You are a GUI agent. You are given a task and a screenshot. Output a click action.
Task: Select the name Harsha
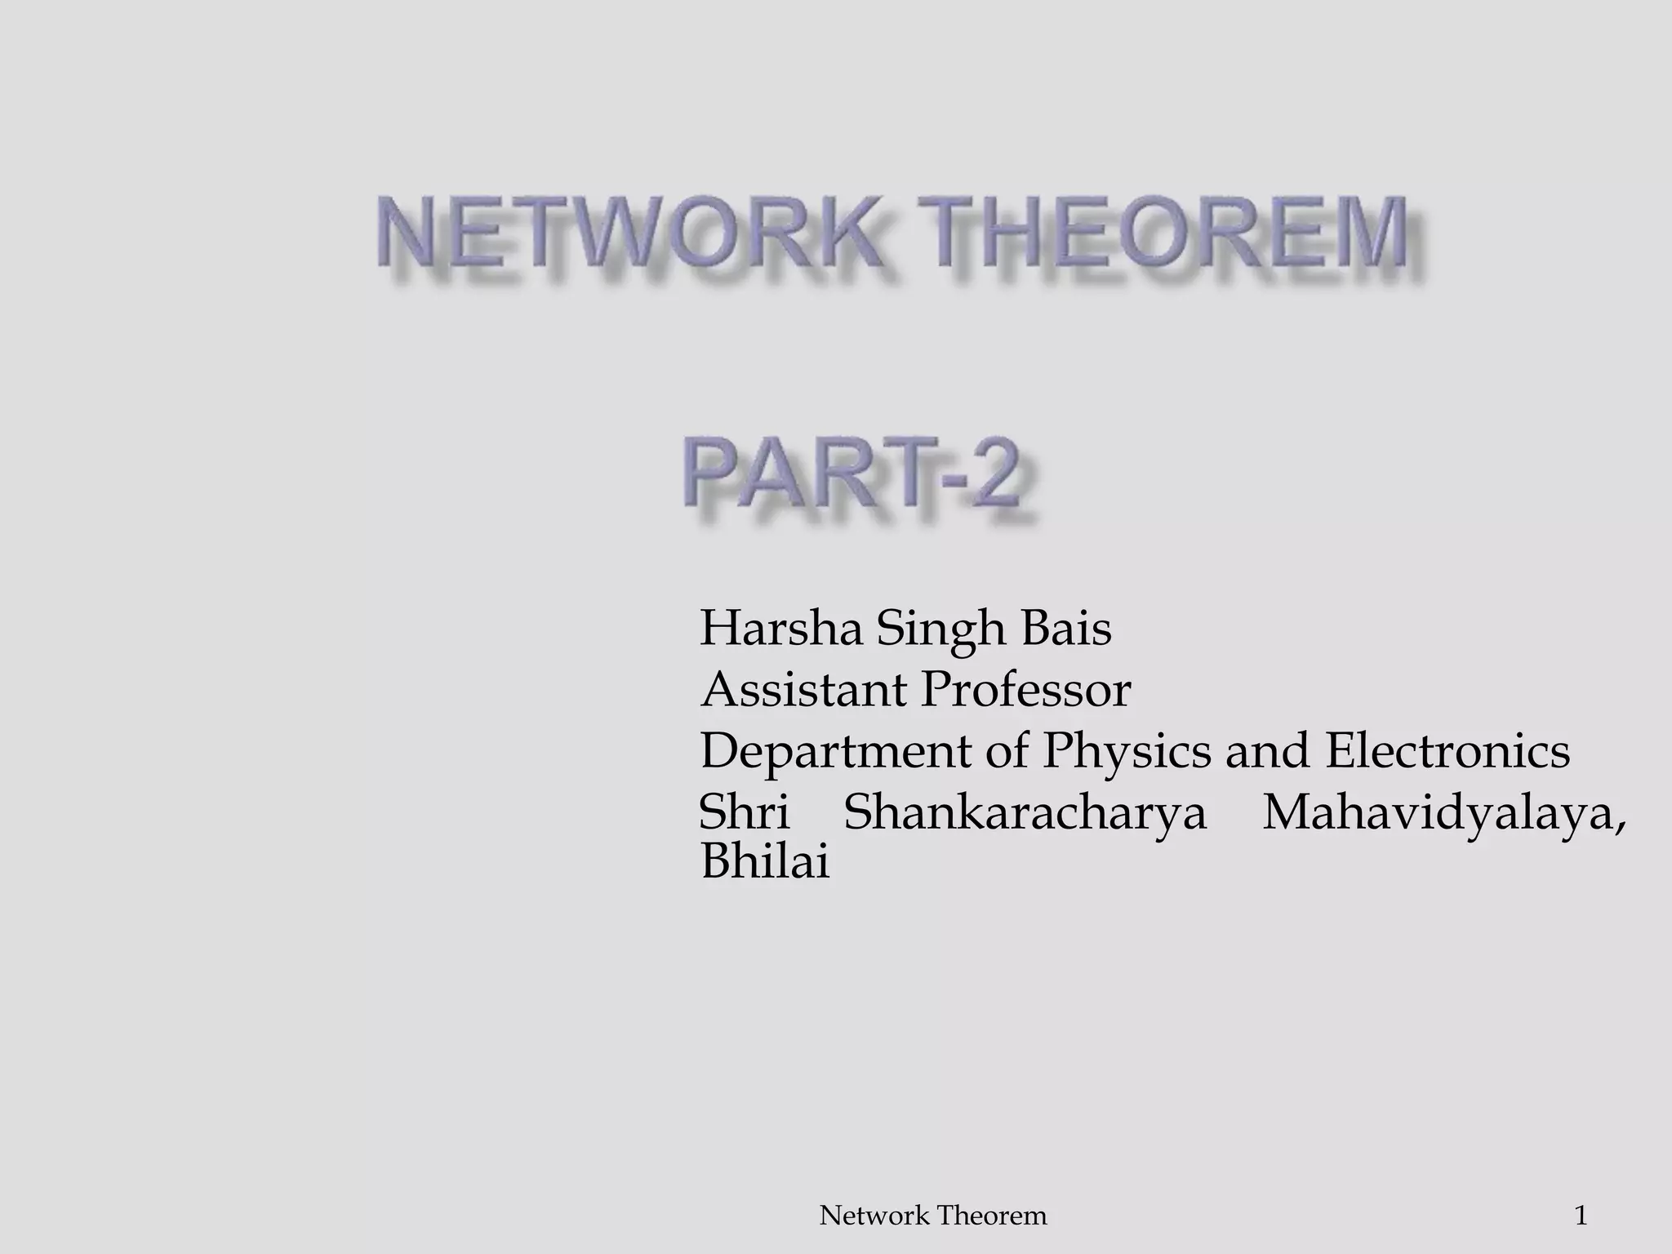pos(780,629)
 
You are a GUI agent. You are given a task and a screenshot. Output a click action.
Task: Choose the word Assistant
pos(803,690)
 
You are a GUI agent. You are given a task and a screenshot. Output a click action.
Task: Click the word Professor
pos(1025,690)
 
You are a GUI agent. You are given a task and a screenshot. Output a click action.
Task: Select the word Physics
pos(1127,752)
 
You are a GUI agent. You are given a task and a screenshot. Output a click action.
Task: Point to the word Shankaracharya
pos(1025,814)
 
